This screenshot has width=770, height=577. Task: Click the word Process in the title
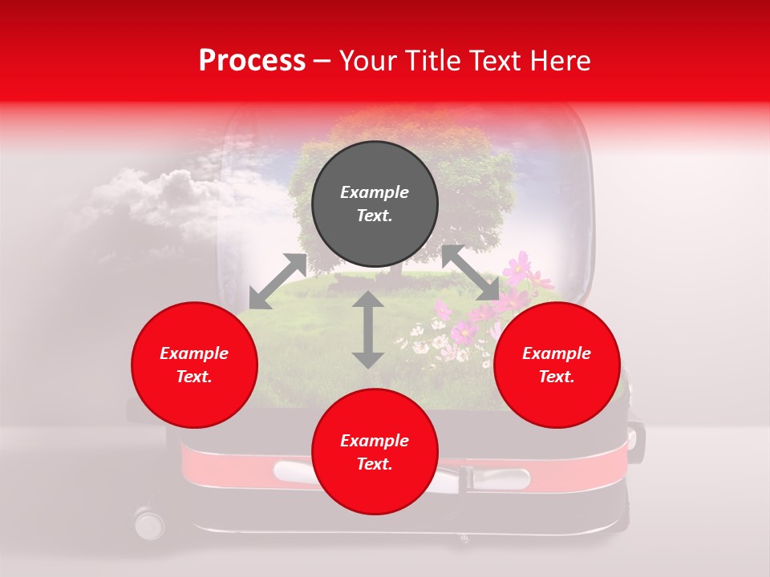tap(252, 61)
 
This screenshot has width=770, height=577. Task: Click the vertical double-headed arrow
tap(368, 329)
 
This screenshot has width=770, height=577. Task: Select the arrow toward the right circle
tap(470, 273)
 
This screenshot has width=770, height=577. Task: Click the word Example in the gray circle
tap(375, 192)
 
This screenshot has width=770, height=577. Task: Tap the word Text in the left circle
tap(194, 377)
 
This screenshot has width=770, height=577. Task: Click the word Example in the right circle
tap(557, 353)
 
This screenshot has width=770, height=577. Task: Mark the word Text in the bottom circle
tap(375, 464)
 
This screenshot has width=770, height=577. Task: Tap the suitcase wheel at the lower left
tap(149, 525)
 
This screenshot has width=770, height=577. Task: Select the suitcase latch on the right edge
tap(635, 441)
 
